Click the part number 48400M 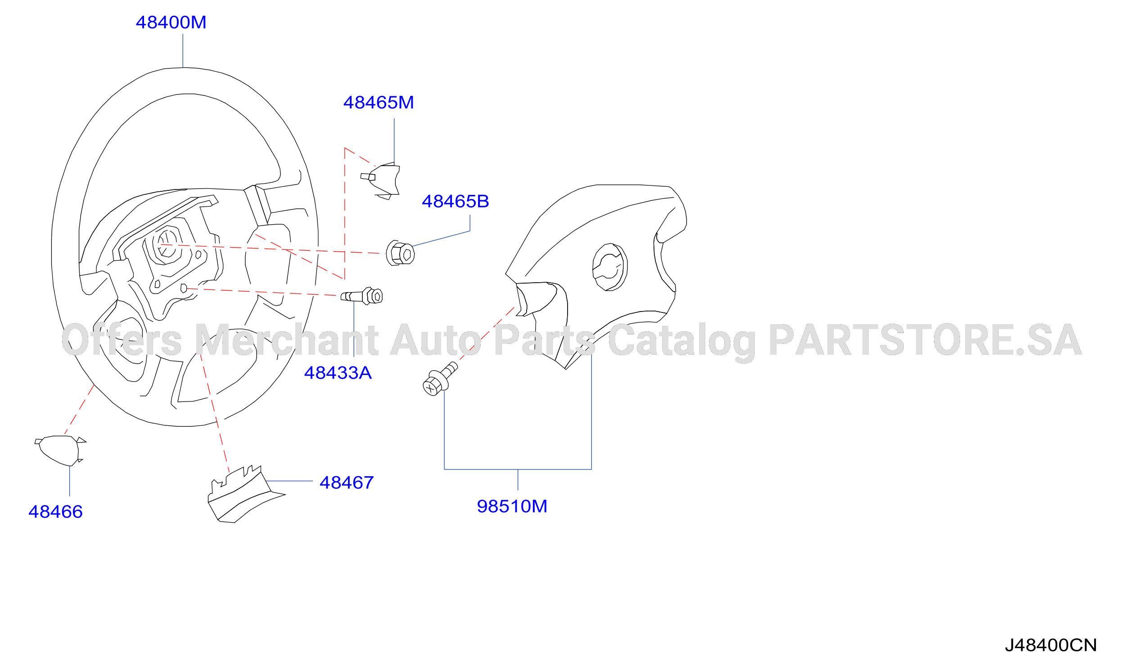171,23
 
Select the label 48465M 379,103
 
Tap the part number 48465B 455,202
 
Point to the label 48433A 338,373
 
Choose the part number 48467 347,483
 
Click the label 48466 56,512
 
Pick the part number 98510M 513,506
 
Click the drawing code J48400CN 1051,645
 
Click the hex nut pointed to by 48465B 400,253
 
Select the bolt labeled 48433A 362,296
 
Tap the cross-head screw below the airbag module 440,379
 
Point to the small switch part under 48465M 380,181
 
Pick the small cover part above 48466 60,451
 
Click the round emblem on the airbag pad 610,267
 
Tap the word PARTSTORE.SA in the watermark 925,340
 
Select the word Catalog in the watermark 682,342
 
